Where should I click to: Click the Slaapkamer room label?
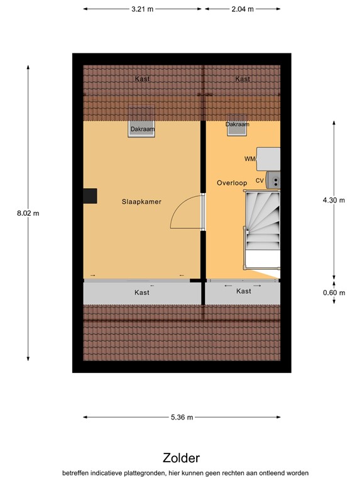pyautogui.click(x=141, y=202)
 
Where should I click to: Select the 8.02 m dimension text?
pyautogui.click(x=28, y=213)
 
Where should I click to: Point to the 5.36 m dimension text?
pyautogui.click(x=182, y=417)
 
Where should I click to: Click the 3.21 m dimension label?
pyautogui.click(x=142, y=9)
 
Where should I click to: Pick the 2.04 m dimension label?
pyautogui.click(x=243, y=9)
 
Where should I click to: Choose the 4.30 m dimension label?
pyautogui.click(x=334, y=200)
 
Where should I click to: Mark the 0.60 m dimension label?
pyautogui.click(x=334, y=292)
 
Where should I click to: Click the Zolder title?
pyautogui.click(x=181, y=458)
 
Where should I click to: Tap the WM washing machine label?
pyautogui.click(x=250, y=159)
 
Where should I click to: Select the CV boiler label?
pyautogui.click(x=259, y=180)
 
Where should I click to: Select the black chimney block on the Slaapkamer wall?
pyautogui.click(x=90, y=196)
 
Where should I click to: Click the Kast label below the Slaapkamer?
pyautogui.click(x=142, y=292)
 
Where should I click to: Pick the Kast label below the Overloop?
pyautogui.click(x=243, y=291)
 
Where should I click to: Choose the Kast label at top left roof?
pyautogui.click(x=142, y=79)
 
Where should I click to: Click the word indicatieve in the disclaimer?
pyautogui.click(x=120, y=473)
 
